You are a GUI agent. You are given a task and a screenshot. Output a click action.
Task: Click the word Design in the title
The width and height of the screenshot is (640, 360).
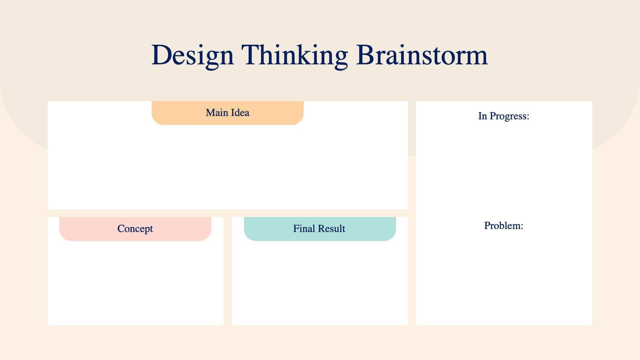192,55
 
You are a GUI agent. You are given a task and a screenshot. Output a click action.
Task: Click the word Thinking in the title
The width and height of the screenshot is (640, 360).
294,55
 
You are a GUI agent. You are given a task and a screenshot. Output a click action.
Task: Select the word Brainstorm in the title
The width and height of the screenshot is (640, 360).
422,55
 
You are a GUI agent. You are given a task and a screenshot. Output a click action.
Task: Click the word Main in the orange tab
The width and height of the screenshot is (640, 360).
216,113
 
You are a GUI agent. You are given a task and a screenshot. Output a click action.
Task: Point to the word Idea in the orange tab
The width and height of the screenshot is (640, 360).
240,113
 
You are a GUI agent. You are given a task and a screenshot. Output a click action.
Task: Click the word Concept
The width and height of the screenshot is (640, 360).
135,229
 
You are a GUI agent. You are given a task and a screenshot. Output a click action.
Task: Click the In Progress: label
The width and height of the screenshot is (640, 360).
503,116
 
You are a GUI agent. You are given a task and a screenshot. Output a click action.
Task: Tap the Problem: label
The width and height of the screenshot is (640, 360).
503,226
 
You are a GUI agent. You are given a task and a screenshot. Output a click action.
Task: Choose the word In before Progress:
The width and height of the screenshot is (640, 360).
482,116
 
